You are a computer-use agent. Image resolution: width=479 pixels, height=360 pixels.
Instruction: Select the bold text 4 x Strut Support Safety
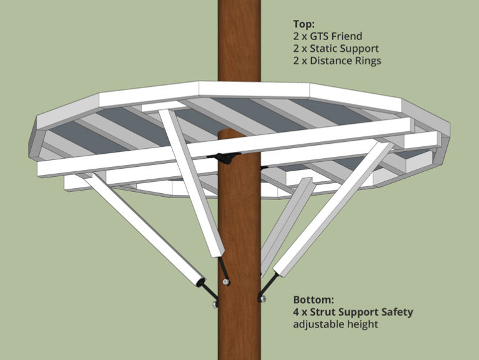[x=353, y=312]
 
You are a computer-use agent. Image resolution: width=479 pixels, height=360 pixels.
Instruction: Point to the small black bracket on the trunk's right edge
[x=264, y=167]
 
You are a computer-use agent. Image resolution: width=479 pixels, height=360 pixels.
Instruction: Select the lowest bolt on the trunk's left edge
[x=215, y=304]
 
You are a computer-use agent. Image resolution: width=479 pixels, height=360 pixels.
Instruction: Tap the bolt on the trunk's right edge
[x=261, y=299]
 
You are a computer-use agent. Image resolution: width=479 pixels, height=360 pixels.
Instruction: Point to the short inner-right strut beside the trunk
[x=287, y=222]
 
